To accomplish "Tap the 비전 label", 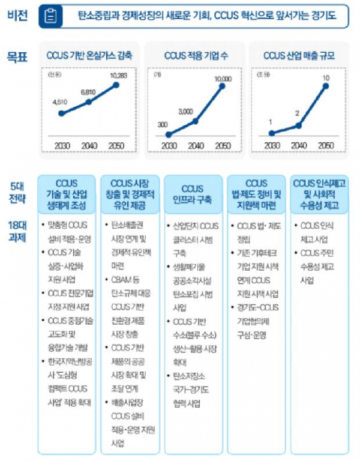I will pyautogui.click(x=17, y=14).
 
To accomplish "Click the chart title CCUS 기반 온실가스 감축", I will pyautogui.click(x=89, y=56).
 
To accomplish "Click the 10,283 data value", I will pyautogui.click(x=118, y=76).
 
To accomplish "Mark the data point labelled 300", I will pyautogui.click(x=169, y=134).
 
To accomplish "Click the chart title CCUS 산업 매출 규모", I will pyautogui.click(x=299, y=56).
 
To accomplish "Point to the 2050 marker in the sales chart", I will pyautogui.click(x=326, y=86).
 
